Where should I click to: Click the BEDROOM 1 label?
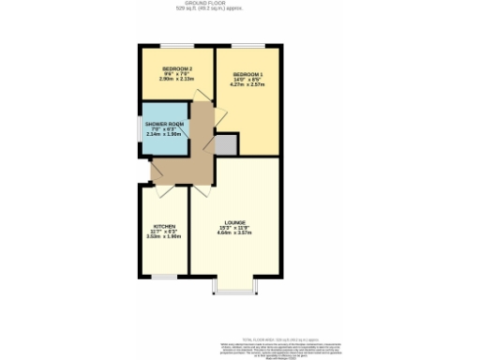coord(247,74)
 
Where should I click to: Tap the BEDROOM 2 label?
coord(177,69)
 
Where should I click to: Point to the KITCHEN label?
coord(164,226)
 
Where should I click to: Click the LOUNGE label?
coord(234,221)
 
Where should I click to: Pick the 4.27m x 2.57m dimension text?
coord(247,85)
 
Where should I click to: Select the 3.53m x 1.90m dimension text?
coord(164,236)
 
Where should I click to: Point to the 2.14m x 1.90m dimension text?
coord(163,135)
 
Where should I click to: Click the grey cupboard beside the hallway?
coord(226,144)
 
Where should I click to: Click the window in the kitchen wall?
coord(164,276)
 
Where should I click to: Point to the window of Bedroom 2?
coord(175,47)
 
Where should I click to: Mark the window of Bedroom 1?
coord(248,47)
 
